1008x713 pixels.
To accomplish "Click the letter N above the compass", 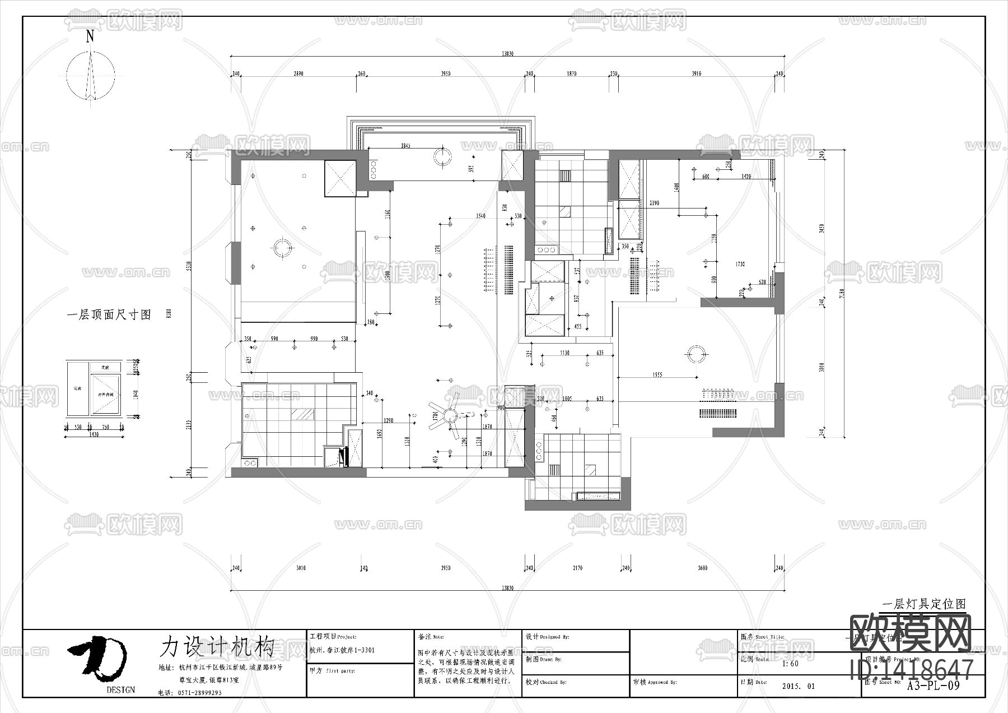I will [x=90, y=37].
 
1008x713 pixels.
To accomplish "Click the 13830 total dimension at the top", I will [x=507, y=54].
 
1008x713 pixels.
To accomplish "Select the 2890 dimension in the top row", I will [x=298, y=74].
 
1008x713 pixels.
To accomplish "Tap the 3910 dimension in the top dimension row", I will [x=696, y=74].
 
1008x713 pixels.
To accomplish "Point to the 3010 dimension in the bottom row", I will [x=301, y=568].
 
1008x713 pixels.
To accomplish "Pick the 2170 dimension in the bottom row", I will [x=577, y=568].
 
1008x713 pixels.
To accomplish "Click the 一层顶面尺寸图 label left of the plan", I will [x=109, y=315].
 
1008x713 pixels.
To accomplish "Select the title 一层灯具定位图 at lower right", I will [x=924, y=604].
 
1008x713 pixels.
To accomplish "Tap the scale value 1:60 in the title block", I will [x=790, y=664].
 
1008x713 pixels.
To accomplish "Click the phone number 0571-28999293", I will [x=198, y=692].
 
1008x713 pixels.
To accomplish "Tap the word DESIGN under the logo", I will [x=120, y=690].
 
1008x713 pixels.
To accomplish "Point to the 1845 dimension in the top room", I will [x=405, y=146].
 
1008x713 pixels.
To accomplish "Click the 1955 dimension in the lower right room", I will [x=657, y=374].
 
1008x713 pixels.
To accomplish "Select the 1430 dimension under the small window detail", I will [x=93, y=434].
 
